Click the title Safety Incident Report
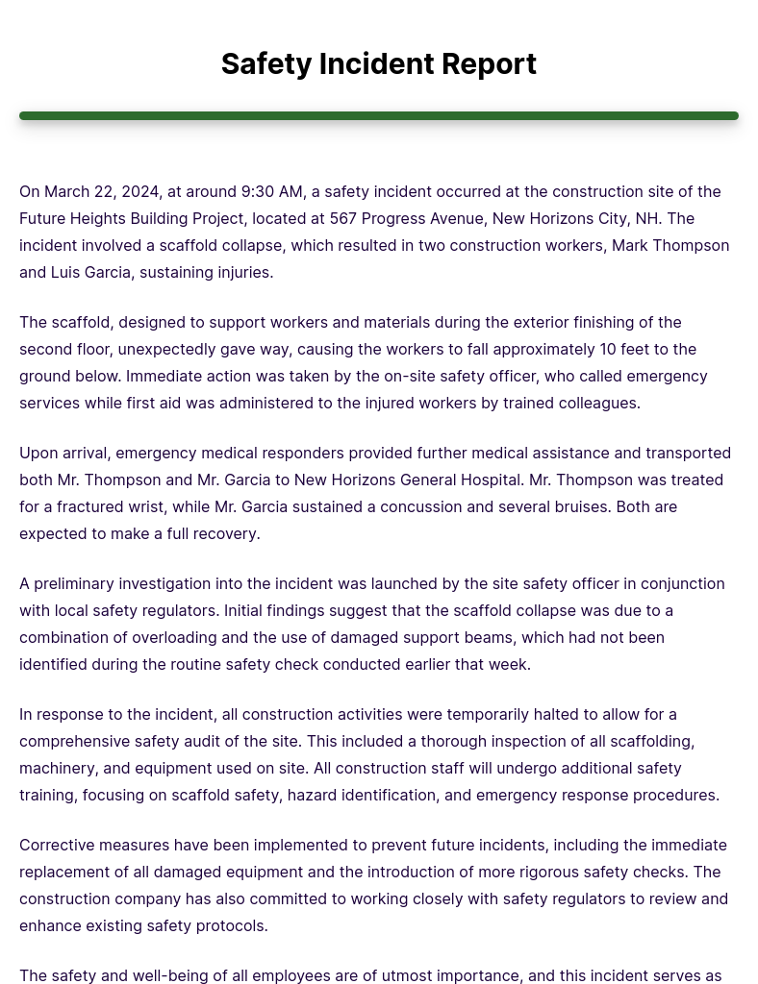tap(378, 64)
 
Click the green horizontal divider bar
tap(378, 116)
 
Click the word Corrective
tap(55, 846)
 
